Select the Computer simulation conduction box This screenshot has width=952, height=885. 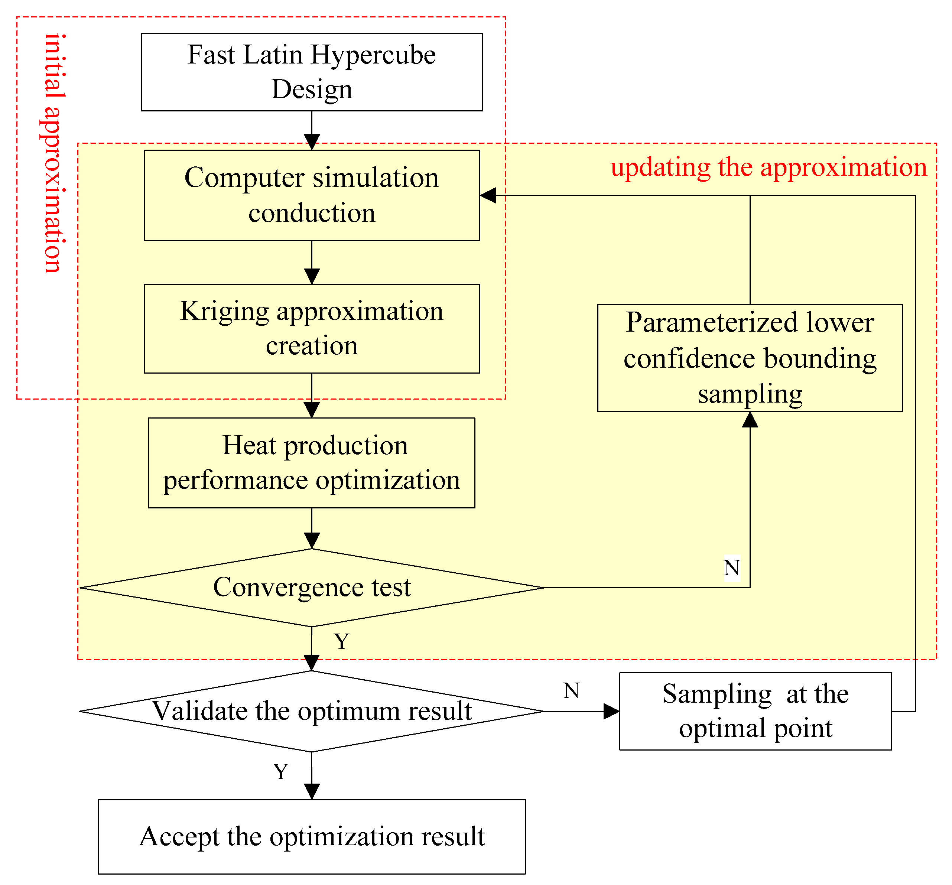pyautogui.click(x=311, y=195)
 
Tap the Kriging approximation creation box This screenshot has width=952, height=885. pyautogui.click(x=311, y=329)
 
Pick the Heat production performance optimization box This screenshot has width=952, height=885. pyautogui.click(x=311, y=463)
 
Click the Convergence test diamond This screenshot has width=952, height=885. pyautogui.click(x=311, y=587)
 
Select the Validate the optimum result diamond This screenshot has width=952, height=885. pyautogui.click(x=311, y=711)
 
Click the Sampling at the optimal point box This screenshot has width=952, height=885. pyautogui.click(x=755, y=711)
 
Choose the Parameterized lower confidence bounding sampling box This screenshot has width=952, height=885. pyautogui.click(x=750, y=358)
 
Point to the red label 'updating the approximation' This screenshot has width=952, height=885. pyautogui.click(x=768, y=167)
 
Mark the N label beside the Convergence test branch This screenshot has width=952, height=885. pyautogui.click(x=731, y=568)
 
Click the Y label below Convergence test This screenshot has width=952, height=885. pyautogui.click(x=341, y=641)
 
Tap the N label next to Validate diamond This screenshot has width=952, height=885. pyautogui.click(x=571, y=690)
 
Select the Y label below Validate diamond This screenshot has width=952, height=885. pyautogui.click(x=280, y=771)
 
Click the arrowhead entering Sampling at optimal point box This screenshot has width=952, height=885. pyautogui.click(x=611, y=711)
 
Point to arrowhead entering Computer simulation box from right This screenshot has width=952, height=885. pyautogui.click(x=487, y=195)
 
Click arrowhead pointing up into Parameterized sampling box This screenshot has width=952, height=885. pyautogui.click(x=750, y=420)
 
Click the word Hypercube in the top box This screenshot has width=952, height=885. pyautogui.click(x=373, y=55)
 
